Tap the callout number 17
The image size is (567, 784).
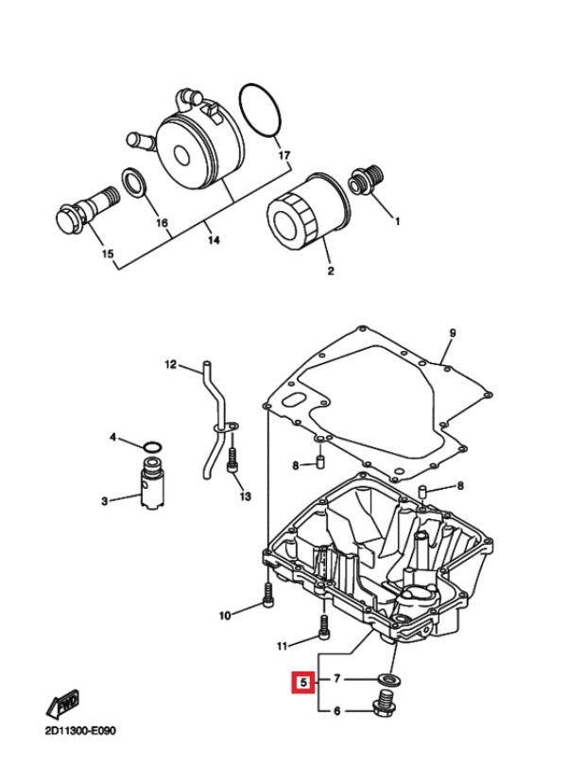(283, 155)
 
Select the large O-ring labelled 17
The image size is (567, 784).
(260, 111)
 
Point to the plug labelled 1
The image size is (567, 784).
(368, 181)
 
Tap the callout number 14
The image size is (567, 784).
(214, 240)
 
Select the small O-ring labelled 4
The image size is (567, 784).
(152, 445)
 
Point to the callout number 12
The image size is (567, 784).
(171, 364)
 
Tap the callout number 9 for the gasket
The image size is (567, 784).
(452, 333)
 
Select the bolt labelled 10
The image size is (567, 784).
(268, 595)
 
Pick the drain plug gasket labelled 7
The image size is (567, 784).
(388, 680)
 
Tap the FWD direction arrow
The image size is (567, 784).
(63, 704)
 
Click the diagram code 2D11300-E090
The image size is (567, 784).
(81, 731)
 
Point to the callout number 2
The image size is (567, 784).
(330, 270)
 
